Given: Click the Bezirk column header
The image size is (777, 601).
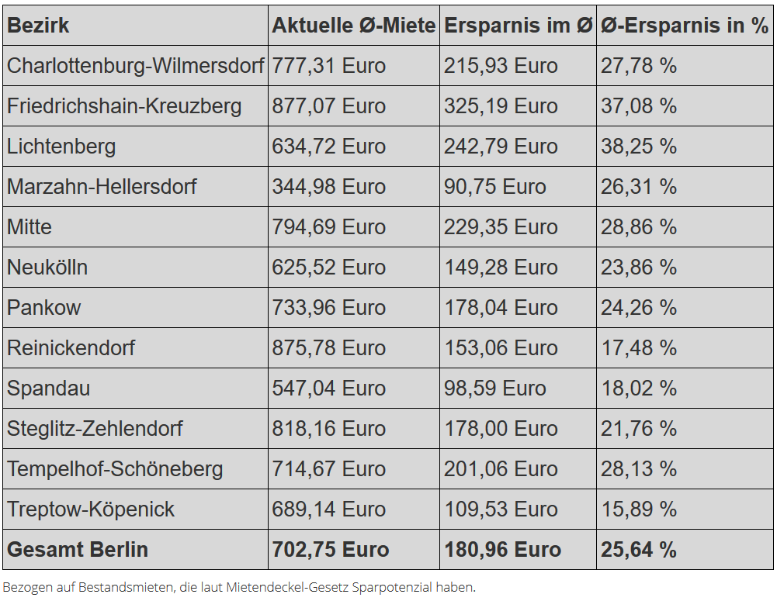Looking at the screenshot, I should coord(38,26).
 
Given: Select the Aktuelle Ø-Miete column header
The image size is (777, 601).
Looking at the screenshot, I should coord(353,26).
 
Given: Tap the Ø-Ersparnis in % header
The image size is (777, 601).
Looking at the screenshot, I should coord(684,26).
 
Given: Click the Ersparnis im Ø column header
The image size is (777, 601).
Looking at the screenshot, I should coord(518,26).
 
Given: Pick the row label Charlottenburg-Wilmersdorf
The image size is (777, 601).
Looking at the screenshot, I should coord(135,66).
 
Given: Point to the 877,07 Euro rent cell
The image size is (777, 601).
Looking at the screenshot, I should coord(328,106).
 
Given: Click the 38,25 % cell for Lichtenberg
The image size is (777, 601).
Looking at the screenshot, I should coord(638,147).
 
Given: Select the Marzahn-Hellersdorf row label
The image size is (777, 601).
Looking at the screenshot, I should coord(102,187).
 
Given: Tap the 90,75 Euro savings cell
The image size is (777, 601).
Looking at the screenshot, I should coord(494,187).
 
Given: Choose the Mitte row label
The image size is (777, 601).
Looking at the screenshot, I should coord(29,227).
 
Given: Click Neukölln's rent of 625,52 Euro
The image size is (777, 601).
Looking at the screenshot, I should coord(328,268).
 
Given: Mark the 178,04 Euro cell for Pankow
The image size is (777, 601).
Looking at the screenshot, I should coord(501,308).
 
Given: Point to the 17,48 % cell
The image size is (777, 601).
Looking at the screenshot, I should coord(638,348).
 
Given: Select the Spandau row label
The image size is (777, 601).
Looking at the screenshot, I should coord(48,389).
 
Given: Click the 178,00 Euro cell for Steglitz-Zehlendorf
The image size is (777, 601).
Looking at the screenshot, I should coord(501,429).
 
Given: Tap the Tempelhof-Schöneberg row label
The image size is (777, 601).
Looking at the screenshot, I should coord(115,469).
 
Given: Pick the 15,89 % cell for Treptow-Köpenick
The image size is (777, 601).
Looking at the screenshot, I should coord(638,509).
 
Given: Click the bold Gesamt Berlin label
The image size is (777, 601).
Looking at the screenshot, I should coord(77,550).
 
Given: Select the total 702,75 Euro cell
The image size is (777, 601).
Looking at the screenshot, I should coord(330,550).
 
